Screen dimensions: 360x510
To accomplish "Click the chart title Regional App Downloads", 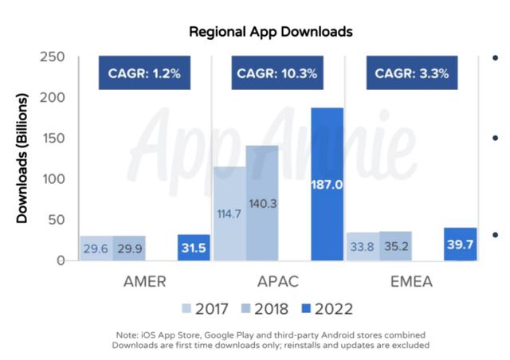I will (x=271, y=33).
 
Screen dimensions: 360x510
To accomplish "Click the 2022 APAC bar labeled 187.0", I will (x=327, y=184).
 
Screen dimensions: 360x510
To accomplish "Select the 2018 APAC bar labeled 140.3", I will (x=262, y=203).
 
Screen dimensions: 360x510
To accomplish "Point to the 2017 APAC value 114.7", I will (x=230, y=213).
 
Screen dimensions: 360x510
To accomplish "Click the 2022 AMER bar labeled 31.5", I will (x=194, y=248).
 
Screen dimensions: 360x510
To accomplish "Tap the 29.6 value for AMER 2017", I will (x=96, y=248).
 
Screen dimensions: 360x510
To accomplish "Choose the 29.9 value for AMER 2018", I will (x=129, y=248).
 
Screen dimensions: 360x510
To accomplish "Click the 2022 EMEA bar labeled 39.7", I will (x=461, y=245).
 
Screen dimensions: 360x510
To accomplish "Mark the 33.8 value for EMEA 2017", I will (x=363, y=247).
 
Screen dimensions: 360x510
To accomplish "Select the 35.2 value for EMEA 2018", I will (x=395, y=246).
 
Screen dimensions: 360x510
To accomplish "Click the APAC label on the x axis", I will (x=277, y=282).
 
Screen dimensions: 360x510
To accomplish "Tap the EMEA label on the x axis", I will (x=411, y=282).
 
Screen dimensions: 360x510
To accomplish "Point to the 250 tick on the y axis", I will (x=53, y=57).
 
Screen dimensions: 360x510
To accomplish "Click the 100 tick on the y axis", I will (x=53, y=178).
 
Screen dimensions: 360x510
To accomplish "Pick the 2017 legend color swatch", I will (x=187, y=308).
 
